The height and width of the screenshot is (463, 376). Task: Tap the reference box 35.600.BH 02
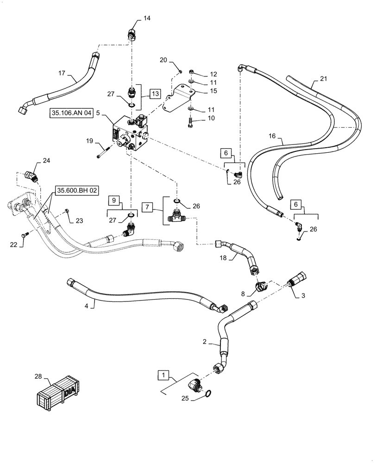(x=77, y=190)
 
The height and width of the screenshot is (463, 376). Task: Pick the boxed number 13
(x=154, y=94)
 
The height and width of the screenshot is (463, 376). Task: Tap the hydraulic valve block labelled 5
(x=131, y=135)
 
